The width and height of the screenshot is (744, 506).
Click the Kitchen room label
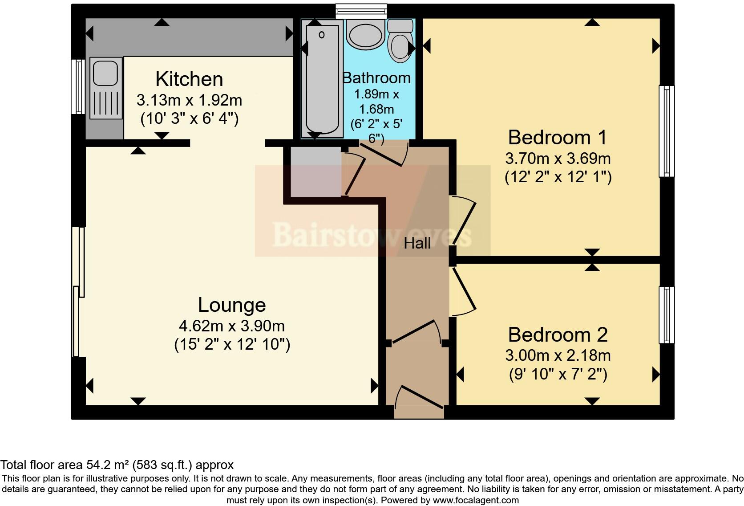click(x=189, y=79)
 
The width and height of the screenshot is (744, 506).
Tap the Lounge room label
click(x=232, y=305)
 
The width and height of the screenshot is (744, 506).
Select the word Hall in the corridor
click(x=417, y=243)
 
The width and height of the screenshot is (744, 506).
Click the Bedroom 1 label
click(x=558, y=137)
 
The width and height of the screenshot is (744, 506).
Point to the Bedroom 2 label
click(x=558, y=335)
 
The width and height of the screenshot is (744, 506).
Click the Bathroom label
click(x=376, y=78)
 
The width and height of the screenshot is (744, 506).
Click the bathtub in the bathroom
click(x=322, y=78)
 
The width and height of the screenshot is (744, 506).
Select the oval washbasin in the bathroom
click(x=365, y=35)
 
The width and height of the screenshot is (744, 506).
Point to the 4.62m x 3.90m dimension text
click(x=232, y=326)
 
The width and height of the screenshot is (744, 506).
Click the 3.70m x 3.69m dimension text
click(x=558, y=159)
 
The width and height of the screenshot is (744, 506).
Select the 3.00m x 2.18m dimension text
click(x=558, y=356)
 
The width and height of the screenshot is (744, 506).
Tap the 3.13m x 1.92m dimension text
click(x=189, y=100)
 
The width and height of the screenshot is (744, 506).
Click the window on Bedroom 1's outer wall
click(x=667, y=131)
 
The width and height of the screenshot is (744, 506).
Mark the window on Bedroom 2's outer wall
click(x=667, y=315)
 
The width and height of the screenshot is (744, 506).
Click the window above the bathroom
click(x=361, y=11)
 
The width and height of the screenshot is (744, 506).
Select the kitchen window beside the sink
click(x=78, y=86)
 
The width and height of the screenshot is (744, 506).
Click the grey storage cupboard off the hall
click(x=316, y=172)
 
